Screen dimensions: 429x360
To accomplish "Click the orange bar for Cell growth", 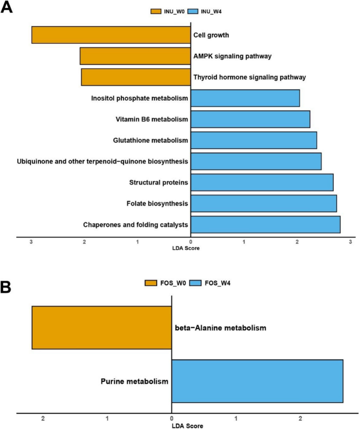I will [111, 35].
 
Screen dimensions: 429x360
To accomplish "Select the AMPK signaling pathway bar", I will [135, 56].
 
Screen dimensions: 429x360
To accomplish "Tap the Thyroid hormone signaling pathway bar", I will [136, 77].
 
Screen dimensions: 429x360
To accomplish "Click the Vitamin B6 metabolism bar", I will [250, 119].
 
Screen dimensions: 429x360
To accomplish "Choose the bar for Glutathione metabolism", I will [253, 140].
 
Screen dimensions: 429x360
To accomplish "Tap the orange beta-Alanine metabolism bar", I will [101, 328].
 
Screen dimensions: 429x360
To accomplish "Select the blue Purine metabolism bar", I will [257, 381].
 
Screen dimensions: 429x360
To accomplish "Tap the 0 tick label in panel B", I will [171, 418].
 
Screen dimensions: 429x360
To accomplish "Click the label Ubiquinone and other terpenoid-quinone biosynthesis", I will [102, 161].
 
